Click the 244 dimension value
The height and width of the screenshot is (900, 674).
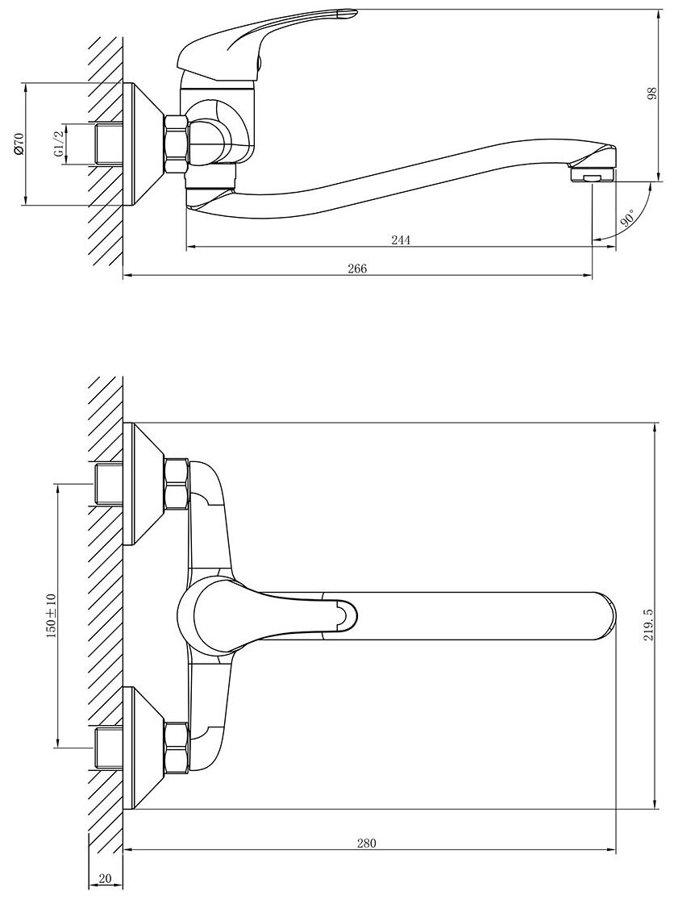401,240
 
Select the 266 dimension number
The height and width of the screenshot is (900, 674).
357,269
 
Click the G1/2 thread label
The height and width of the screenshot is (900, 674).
58,144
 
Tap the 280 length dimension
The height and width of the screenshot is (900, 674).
366,844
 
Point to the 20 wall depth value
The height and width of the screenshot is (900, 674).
105,878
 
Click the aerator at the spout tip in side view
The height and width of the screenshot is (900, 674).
593,174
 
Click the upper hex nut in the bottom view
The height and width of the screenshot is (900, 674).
176,483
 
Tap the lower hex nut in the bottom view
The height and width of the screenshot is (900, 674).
176,747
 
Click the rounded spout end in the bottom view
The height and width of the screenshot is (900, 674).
601,616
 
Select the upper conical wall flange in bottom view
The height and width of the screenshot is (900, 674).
145,483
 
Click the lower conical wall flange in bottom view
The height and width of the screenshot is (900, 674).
145,747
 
